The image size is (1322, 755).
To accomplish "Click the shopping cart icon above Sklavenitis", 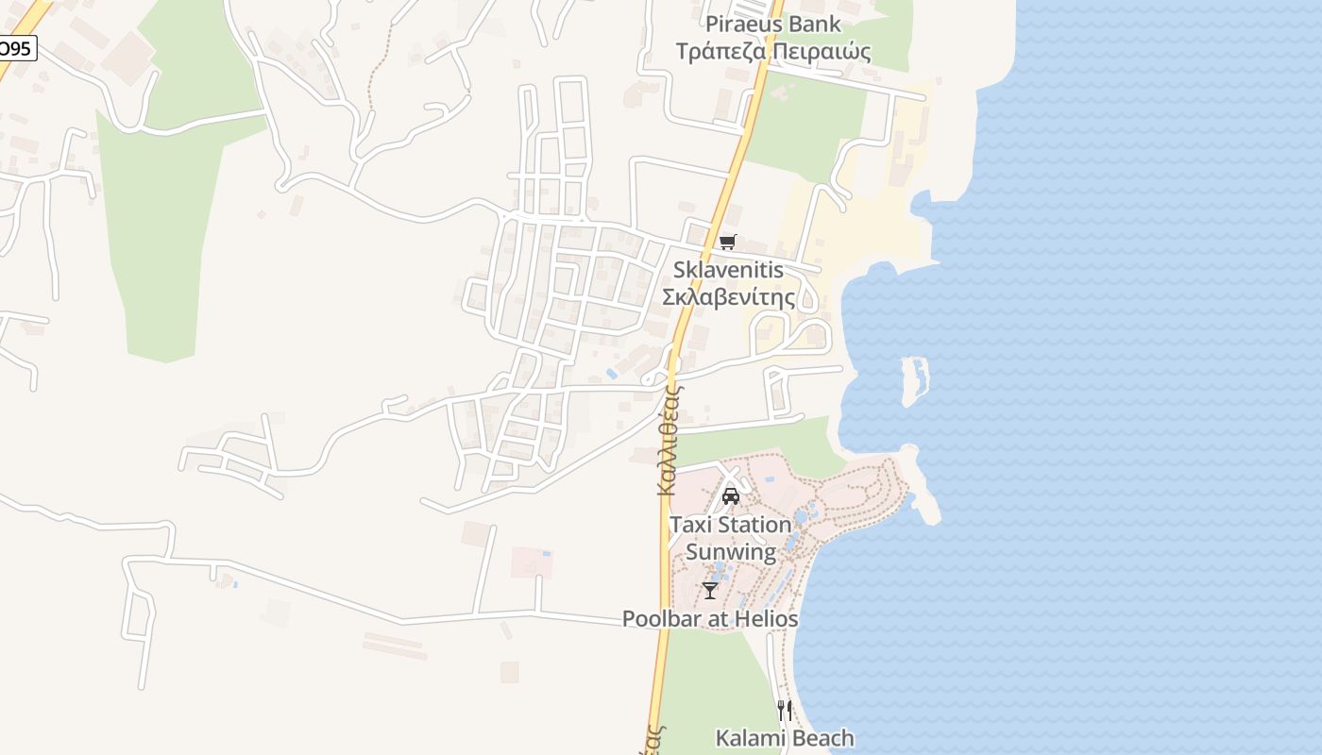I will pos(727,243).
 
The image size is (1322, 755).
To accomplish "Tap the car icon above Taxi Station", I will pos(730,496).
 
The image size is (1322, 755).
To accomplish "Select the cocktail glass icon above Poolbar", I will pos(710,591).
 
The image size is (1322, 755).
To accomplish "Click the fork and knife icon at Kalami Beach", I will pos(785,710).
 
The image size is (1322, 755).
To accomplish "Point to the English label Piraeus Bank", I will pos(773,24).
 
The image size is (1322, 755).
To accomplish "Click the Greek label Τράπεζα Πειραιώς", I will pos(773,51).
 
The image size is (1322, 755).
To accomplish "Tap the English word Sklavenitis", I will pos(728,270).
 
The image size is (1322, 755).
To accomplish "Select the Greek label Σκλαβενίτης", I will pos(728,297).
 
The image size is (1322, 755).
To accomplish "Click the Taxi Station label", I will pos(730,524).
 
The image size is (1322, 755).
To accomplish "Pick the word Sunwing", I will pos(730,551).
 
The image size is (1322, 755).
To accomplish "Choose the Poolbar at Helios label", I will pos(710,619).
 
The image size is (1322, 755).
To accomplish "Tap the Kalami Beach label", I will pos(785,738).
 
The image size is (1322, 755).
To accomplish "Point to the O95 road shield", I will pos(16,48).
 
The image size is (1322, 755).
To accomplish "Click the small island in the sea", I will pos(914,380).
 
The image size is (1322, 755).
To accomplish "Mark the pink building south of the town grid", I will pos(532,562).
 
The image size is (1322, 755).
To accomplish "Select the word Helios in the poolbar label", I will pos(765,619).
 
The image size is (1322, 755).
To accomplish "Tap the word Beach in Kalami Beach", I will pos(822,738).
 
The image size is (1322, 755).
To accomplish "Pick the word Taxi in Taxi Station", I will pos(688,524).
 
